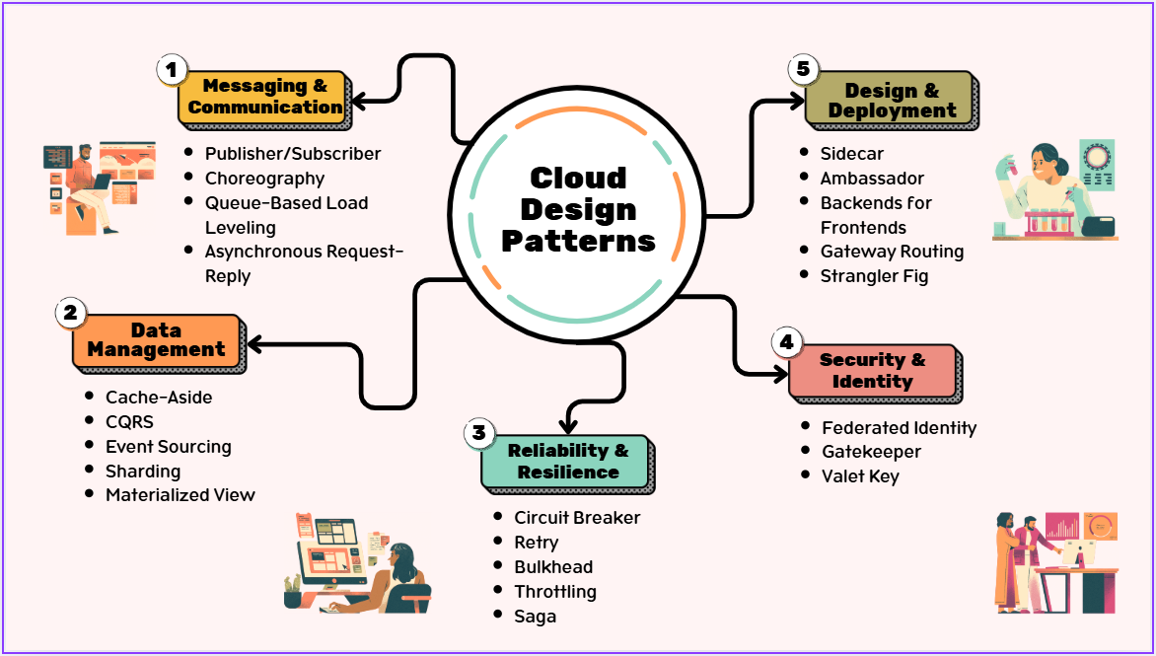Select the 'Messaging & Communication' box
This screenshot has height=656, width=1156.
[264, 98]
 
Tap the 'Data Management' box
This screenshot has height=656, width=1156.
[156, 339]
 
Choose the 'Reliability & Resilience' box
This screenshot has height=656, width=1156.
[566, 461]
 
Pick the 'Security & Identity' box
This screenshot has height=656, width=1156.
[872, 370]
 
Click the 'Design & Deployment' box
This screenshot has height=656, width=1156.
[891, 101]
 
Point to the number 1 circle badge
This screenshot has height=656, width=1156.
[172, 69]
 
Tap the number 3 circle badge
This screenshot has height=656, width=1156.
[478, 432]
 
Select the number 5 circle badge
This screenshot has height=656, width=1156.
[803, 70]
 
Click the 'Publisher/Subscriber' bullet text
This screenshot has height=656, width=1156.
[292, 154]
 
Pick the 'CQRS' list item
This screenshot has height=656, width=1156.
[129, 422]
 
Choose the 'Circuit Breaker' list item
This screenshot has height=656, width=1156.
[577, 518]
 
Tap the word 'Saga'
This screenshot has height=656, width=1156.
[535, 617]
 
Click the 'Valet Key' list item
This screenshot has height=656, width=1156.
[860, 476]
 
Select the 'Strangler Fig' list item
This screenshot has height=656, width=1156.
[874, 276]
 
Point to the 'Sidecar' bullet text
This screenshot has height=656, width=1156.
[852, 154]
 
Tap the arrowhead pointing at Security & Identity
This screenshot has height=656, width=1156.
[781, 373]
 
